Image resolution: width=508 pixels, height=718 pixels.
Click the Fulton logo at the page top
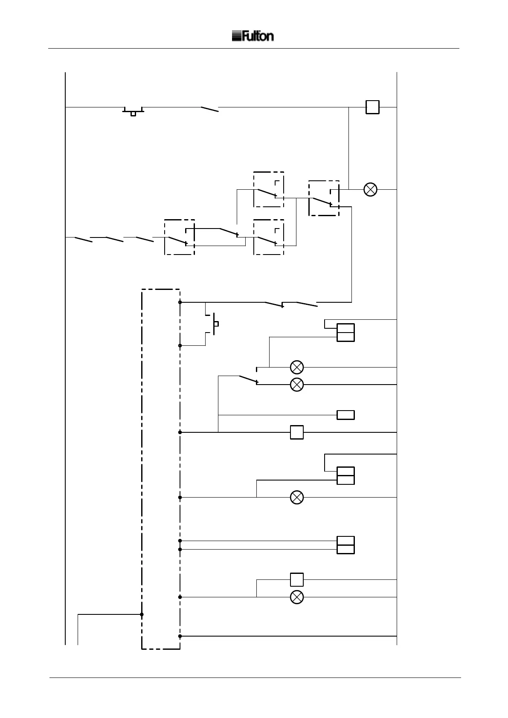pyautogui.click(x=253, y=36)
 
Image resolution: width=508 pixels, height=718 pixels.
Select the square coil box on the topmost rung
pyautogui.click(x=372, y=107)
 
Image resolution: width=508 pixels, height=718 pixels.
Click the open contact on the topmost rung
pyautogui.click(x=210, y=109)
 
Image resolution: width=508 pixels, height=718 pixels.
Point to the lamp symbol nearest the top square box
pyautogui.click(x=370, y=189)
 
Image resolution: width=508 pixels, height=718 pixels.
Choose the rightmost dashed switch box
pyautogui.click(x=324, y=198)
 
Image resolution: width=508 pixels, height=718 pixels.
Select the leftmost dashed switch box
pyautogui.click(x=180, y=237)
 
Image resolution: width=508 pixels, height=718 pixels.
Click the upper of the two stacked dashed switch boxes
pyautogui.click(x=269, y=189)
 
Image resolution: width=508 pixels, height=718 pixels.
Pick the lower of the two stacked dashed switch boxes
pyautogui.click(x=269, y=237)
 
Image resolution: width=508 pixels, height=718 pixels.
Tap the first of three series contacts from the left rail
pyautogui.click(x=83, y=239)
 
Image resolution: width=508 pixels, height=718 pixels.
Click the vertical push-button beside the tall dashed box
pyautogui.click(x=215, y=324)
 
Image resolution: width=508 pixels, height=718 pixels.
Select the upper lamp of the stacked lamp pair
pyautogui.click(x=297, y=367)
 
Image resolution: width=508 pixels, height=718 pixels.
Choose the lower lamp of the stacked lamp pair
pyautogui.click(x=297, y=385)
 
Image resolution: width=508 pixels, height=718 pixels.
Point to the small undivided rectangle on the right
pyautogui.click(x=345, y=415)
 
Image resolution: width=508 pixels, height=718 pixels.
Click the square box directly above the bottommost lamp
pyautogui.click(x=297, y=580)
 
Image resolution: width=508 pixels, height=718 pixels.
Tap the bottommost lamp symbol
pyautogui.click(x=297, y=597)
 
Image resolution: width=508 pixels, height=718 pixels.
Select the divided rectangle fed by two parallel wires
pyautogui.click(x=345, y=545)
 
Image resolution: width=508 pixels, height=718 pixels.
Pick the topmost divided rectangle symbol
pyautogui.click(x=345, y=333)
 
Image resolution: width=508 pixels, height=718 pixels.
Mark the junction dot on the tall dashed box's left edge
pyautogui.click(x=142, y=614)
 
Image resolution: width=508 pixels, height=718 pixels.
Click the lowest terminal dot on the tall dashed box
pyautogui.click(x=180, y=636)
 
